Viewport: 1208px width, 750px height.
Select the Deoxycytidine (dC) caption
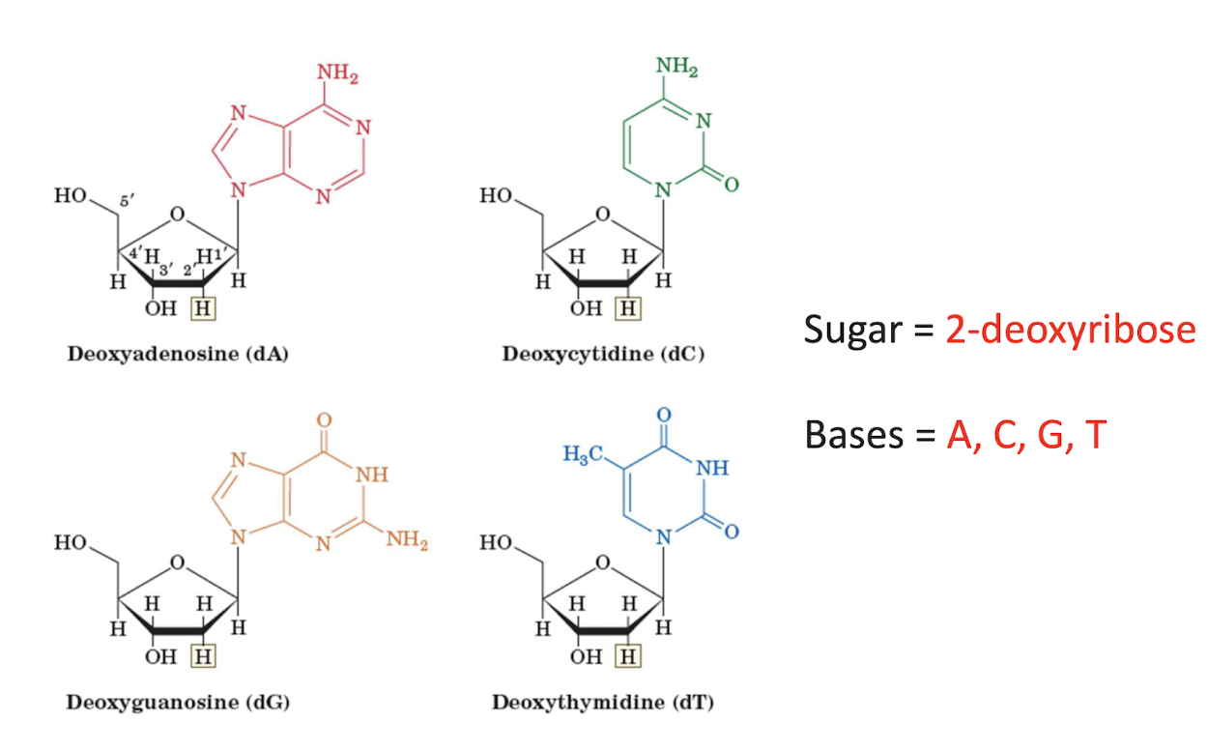[603, 354]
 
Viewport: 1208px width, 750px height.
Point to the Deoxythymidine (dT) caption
[603, 702]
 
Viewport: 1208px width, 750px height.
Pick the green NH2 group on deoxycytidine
[676, 67]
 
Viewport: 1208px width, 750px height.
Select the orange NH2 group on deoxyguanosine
[406, 539]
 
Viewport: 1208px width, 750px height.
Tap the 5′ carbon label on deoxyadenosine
[126, 201]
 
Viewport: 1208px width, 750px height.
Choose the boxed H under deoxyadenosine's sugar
[203, 309]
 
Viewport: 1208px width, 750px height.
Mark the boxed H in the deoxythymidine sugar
[629, 657]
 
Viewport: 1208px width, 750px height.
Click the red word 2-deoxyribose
[1071, 331]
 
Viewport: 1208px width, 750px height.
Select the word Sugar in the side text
[849, 331]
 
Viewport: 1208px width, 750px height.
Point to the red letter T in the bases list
[1095, 435]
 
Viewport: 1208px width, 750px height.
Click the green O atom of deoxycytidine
[732, 184]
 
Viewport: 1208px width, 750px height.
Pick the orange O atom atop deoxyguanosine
[325, 420]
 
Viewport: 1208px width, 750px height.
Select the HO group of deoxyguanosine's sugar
[72, 543]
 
